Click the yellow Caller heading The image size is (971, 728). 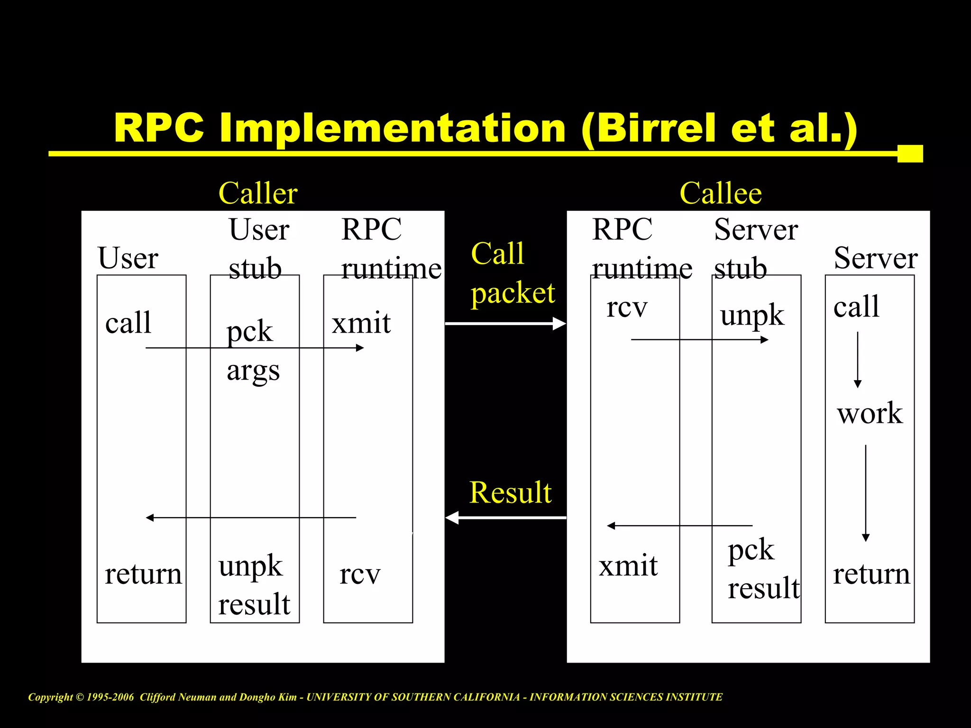click(258, 193)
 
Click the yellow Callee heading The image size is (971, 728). click(720, 193)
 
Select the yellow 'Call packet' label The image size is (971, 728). click(512, 273)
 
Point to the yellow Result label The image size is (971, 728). click(510, 492)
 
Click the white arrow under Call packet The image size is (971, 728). click(505, 324)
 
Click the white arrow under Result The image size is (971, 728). click(505, 518)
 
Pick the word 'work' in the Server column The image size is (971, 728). click(870, 413)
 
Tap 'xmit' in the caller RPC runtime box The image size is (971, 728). click(361, 324)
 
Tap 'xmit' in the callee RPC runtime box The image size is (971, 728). click(628, 566)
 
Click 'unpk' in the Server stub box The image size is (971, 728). click(752, 316)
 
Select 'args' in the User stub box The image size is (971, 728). click(253, 371)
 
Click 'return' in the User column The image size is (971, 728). click(143, 574)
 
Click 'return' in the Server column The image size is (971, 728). click(871, 574)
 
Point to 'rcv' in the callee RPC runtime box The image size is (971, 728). click(627, 308)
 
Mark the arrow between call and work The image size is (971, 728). click(857, 360)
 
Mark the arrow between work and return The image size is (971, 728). click(865, 493)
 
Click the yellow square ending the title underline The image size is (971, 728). click(910, 154)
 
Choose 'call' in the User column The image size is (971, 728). click(128, 324)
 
